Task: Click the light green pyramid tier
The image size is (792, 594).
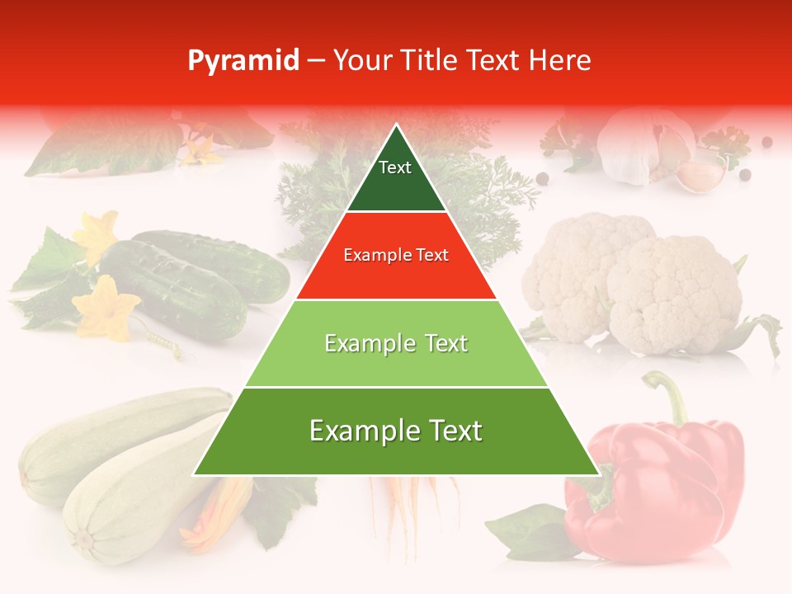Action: point(396,344)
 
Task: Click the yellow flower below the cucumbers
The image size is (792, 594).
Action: point(105,308)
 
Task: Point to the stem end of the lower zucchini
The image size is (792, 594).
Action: point(83,541)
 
